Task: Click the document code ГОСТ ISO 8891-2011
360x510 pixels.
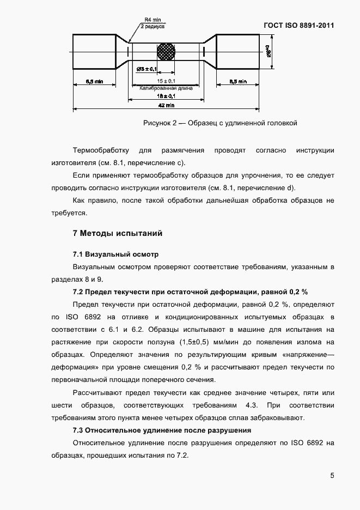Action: click(298, 25)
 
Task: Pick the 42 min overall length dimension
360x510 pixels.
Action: click(166, 105)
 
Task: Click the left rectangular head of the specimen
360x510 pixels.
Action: click(94, 51)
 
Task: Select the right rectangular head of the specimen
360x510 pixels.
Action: click(237, 51)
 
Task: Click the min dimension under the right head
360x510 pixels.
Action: click(237, 81)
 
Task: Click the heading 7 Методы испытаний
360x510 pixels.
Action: click(118, 234)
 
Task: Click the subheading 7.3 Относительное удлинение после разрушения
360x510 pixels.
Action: click(169, 430)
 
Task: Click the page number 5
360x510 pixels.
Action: click(332, 476)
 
